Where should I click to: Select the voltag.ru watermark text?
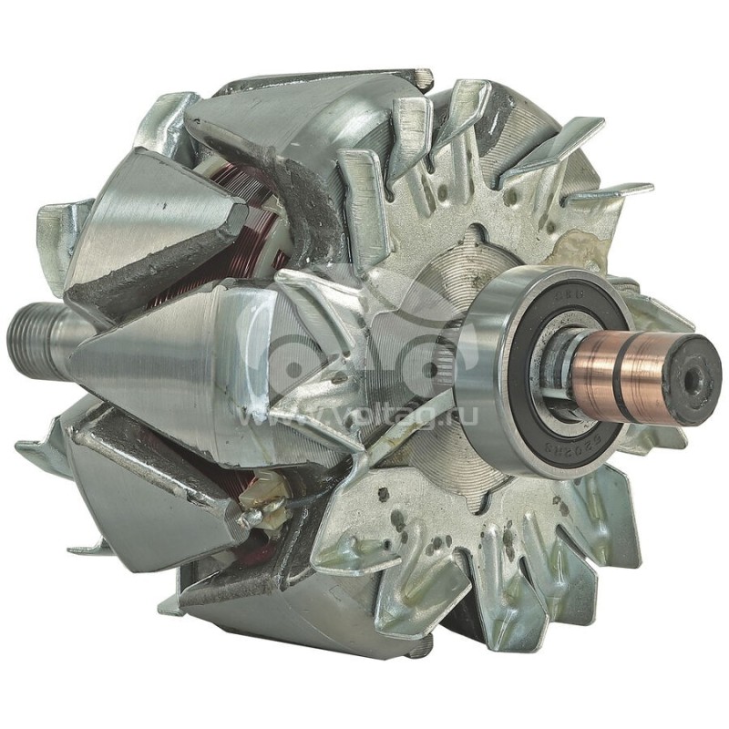tap(364, 415)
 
